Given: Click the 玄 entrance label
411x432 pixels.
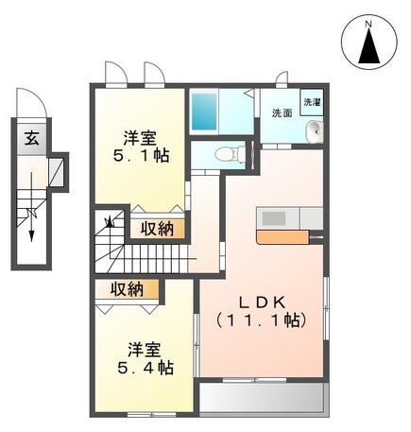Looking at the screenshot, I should click(x=31, y=138).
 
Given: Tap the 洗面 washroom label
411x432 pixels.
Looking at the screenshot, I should click(x=282, y=113).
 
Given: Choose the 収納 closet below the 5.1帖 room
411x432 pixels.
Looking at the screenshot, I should click(x=158, y=228).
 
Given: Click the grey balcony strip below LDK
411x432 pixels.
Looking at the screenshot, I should click(x=263, y=396).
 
